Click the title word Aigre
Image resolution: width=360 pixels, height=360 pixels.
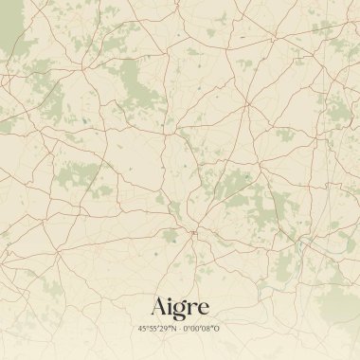tap(180, 307)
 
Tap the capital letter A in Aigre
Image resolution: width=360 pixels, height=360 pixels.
tap(159, 306)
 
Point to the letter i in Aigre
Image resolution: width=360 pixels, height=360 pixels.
tap(171, 306)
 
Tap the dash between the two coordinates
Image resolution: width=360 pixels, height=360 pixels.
tap(180, 328)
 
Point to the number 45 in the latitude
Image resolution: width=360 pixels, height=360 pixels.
tap(142, 328)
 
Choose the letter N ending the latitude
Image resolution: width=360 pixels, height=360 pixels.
tap(173, 328)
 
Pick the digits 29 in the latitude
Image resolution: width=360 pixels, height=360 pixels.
tap(165, 328)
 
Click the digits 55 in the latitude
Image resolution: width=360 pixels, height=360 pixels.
tap(153, 328)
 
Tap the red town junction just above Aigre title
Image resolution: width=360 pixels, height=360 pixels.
tap(192, 230)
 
